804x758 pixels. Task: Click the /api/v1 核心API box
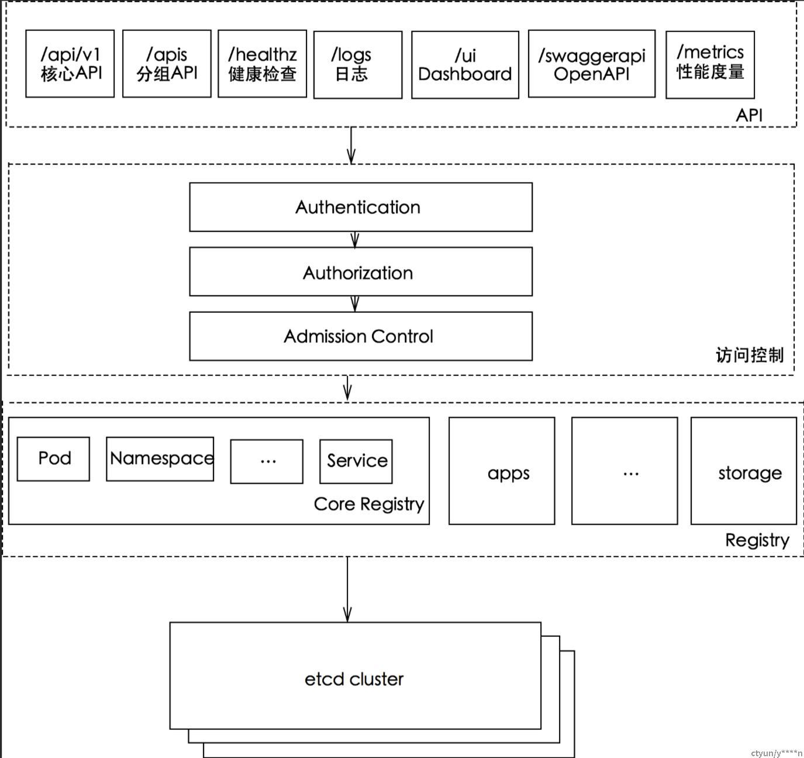[70, 64]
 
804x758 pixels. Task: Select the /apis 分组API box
[167, 64]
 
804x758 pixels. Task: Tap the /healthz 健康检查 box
[262, 64]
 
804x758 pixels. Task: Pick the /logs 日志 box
[358, 64]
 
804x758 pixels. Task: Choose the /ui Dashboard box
[465, 64]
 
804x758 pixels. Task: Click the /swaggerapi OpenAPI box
[591, 64]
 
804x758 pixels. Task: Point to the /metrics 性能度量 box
[710, 64]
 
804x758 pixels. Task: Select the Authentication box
[360, 207]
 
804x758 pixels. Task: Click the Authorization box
[360, 272]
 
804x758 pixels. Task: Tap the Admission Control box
[360, 336]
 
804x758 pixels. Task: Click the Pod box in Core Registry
[53, 459]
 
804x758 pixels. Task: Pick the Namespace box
[160, 459]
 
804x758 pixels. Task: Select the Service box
[356, 461]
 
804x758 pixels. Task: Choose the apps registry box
[502, 471]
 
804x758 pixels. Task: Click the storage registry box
[744, 471]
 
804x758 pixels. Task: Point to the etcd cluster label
[354, 679]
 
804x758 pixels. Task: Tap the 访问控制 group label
[749, 355]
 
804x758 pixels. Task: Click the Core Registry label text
[368, 504]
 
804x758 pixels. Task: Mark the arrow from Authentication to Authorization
[355, 239]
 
